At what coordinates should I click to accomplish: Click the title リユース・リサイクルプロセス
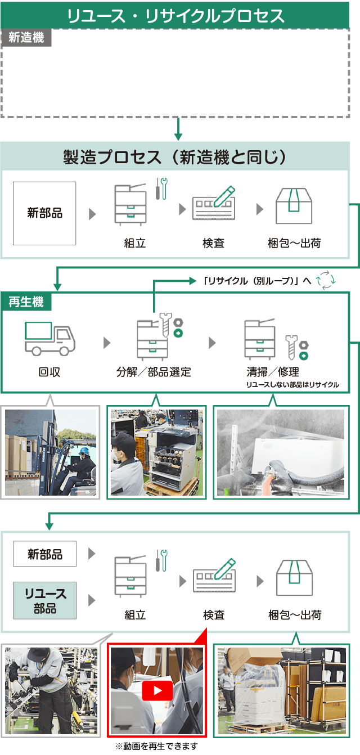click(x=175, y=15)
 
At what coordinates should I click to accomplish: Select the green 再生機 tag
click(x=26, y=302)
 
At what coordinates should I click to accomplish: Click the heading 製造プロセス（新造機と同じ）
click(x=175, y=157)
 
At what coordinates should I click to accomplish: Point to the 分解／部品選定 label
click(x=154, y=372)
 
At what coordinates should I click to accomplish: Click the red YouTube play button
click(x=157, y=691)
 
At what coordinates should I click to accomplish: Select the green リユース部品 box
click(x=44, y=600)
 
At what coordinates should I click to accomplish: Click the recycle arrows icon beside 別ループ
click(x=326, y=280)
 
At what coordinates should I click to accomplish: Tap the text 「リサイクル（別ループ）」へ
click(x=256, y=280)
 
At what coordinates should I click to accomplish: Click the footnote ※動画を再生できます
click(x=157, y=747)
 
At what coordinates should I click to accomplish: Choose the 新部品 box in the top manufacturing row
click(x=44, y=213)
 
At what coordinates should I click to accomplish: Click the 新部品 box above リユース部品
click(x=44, y=554)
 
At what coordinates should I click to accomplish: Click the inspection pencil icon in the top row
click(x=214, y=203)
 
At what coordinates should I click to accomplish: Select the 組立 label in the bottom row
click(x=135, y=615)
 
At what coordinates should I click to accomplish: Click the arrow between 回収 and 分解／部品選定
click(x=107, y=343)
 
